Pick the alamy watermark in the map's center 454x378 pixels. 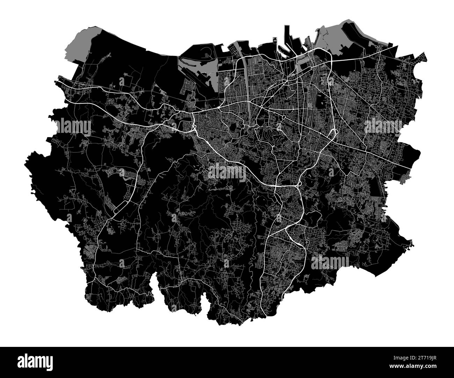(227, 173)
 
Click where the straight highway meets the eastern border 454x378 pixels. (411, 167)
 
